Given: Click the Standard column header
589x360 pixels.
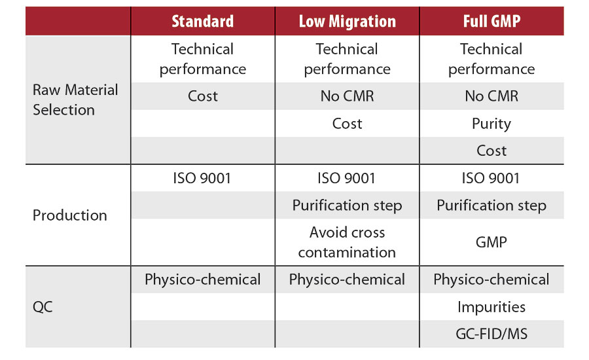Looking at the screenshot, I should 202,21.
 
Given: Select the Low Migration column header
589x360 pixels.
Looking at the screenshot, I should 347,21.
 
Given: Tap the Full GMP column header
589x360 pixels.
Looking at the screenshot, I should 491,21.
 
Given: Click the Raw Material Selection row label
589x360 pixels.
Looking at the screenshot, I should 75,99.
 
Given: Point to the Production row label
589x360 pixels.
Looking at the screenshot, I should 70,215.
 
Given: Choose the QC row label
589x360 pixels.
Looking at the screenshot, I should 44,307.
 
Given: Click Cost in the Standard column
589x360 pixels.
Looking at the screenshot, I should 203,96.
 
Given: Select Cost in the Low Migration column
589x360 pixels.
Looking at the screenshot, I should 347,124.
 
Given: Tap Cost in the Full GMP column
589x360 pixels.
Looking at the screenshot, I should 491,151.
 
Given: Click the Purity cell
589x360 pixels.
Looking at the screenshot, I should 491,124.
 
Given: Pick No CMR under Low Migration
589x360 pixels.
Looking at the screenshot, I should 347,96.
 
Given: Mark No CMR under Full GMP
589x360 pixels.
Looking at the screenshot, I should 491,96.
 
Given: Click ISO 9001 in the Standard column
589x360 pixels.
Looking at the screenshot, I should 203,178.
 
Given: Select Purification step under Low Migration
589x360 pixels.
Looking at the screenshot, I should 347,206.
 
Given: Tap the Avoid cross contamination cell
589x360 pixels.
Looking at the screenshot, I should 347,242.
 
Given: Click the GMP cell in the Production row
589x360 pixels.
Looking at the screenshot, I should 491,242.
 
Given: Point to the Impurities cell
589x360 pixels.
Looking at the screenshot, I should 491,307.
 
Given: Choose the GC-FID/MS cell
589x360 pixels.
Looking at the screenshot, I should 491,334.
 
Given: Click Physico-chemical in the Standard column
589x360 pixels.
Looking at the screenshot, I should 203,279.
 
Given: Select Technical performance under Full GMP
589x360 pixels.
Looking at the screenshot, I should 491,59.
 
